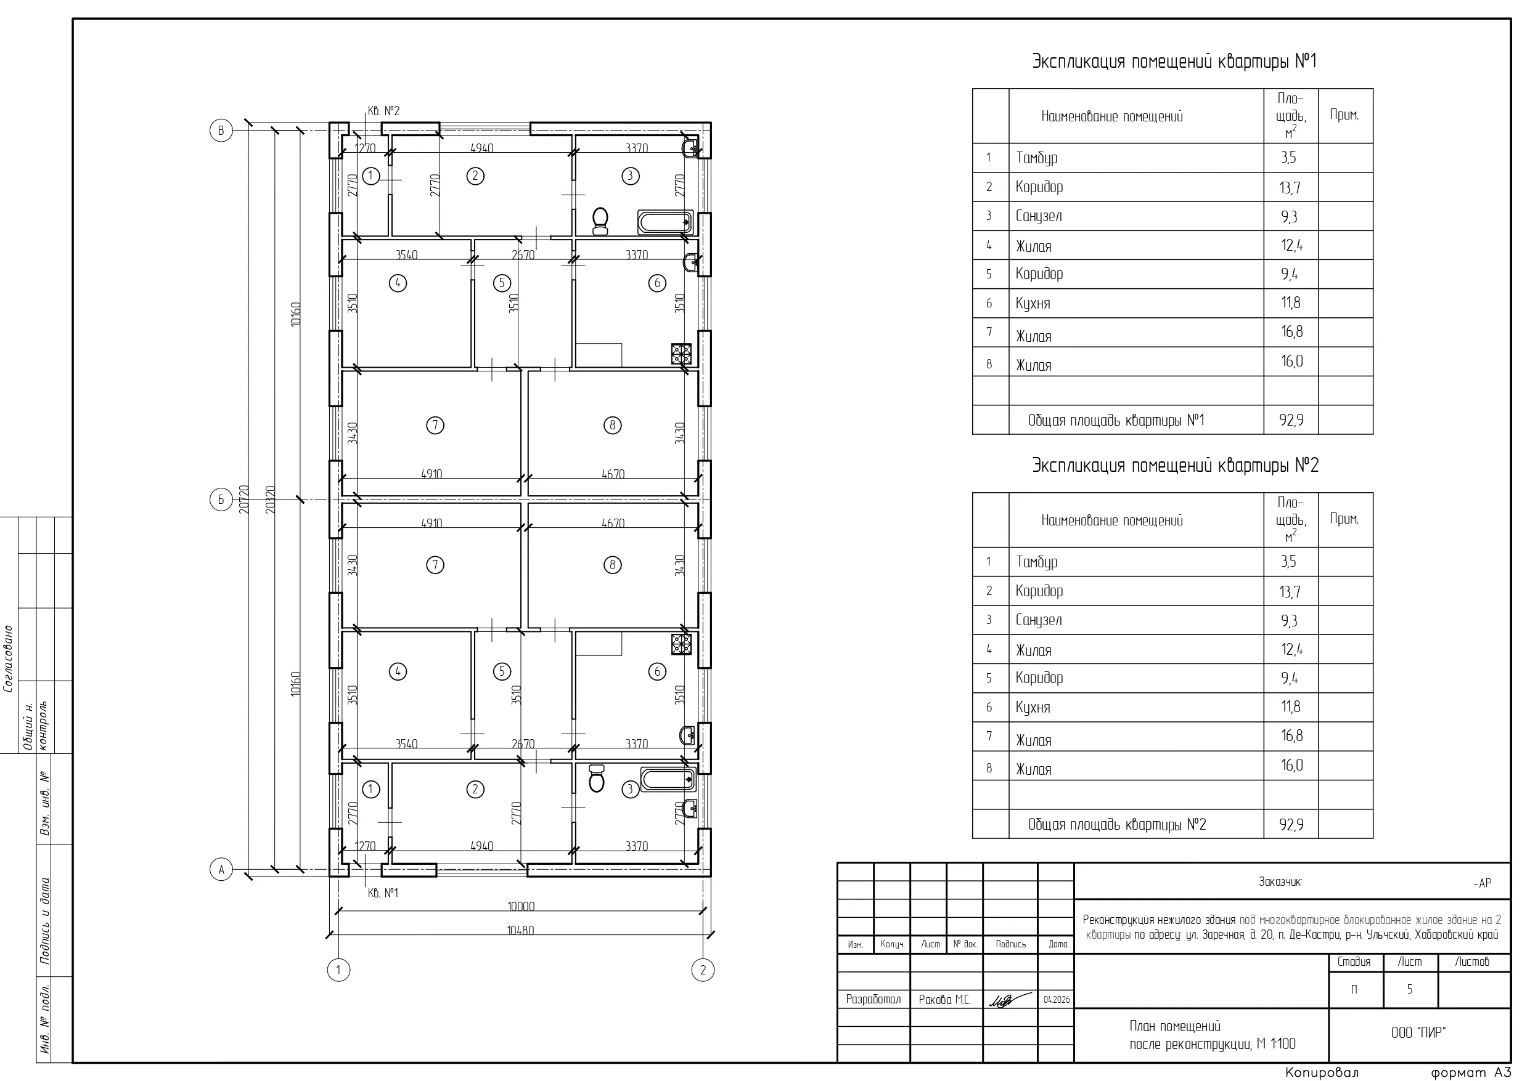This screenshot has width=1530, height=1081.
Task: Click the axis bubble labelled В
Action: [221, 131]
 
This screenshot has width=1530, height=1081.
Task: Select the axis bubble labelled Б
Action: [221, 500]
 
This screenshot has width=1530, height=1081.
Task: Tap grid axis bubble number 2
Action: [703, 970]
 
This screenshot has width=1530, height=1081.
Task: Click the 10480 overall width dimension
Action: [520, 931]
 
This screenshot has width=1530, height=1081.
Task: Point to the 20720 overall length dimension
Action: [244, 499]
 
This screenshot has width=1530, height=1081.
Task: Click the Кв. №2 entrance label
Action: [384, 111]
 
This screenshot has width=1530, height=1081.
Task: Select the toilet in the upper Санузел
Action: [600, 221]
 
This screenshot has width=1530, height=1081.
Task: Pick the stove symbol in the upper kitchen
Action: [682, 354]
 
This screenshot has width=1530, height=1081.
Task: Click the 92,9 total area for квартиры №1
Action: [1291, 420]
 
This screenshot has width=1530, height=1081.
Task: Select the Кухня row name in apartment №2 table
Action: [1033, 707]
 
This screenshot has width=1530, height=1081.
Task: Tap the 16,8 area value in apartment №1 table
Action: [1291, 332]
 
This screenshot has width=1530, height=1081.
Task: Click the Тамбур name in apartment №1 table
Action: [1036, 158]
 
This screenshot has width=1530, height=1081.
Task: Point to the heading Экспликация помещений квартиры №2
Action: [1176, 465]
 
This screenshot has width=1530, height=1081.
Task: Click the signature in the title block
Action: [1010, 1000]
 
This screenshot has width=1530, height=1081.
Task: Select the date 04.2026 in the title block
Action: [1056, 1000]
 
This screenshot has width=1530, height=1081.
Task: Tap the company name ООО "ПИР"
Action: [1418, 1033]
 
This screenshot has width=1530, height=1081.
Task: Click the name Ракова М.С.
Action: [945, 1000]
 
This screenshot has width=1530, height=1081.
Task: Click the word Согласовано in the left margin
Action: [9, 658]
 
